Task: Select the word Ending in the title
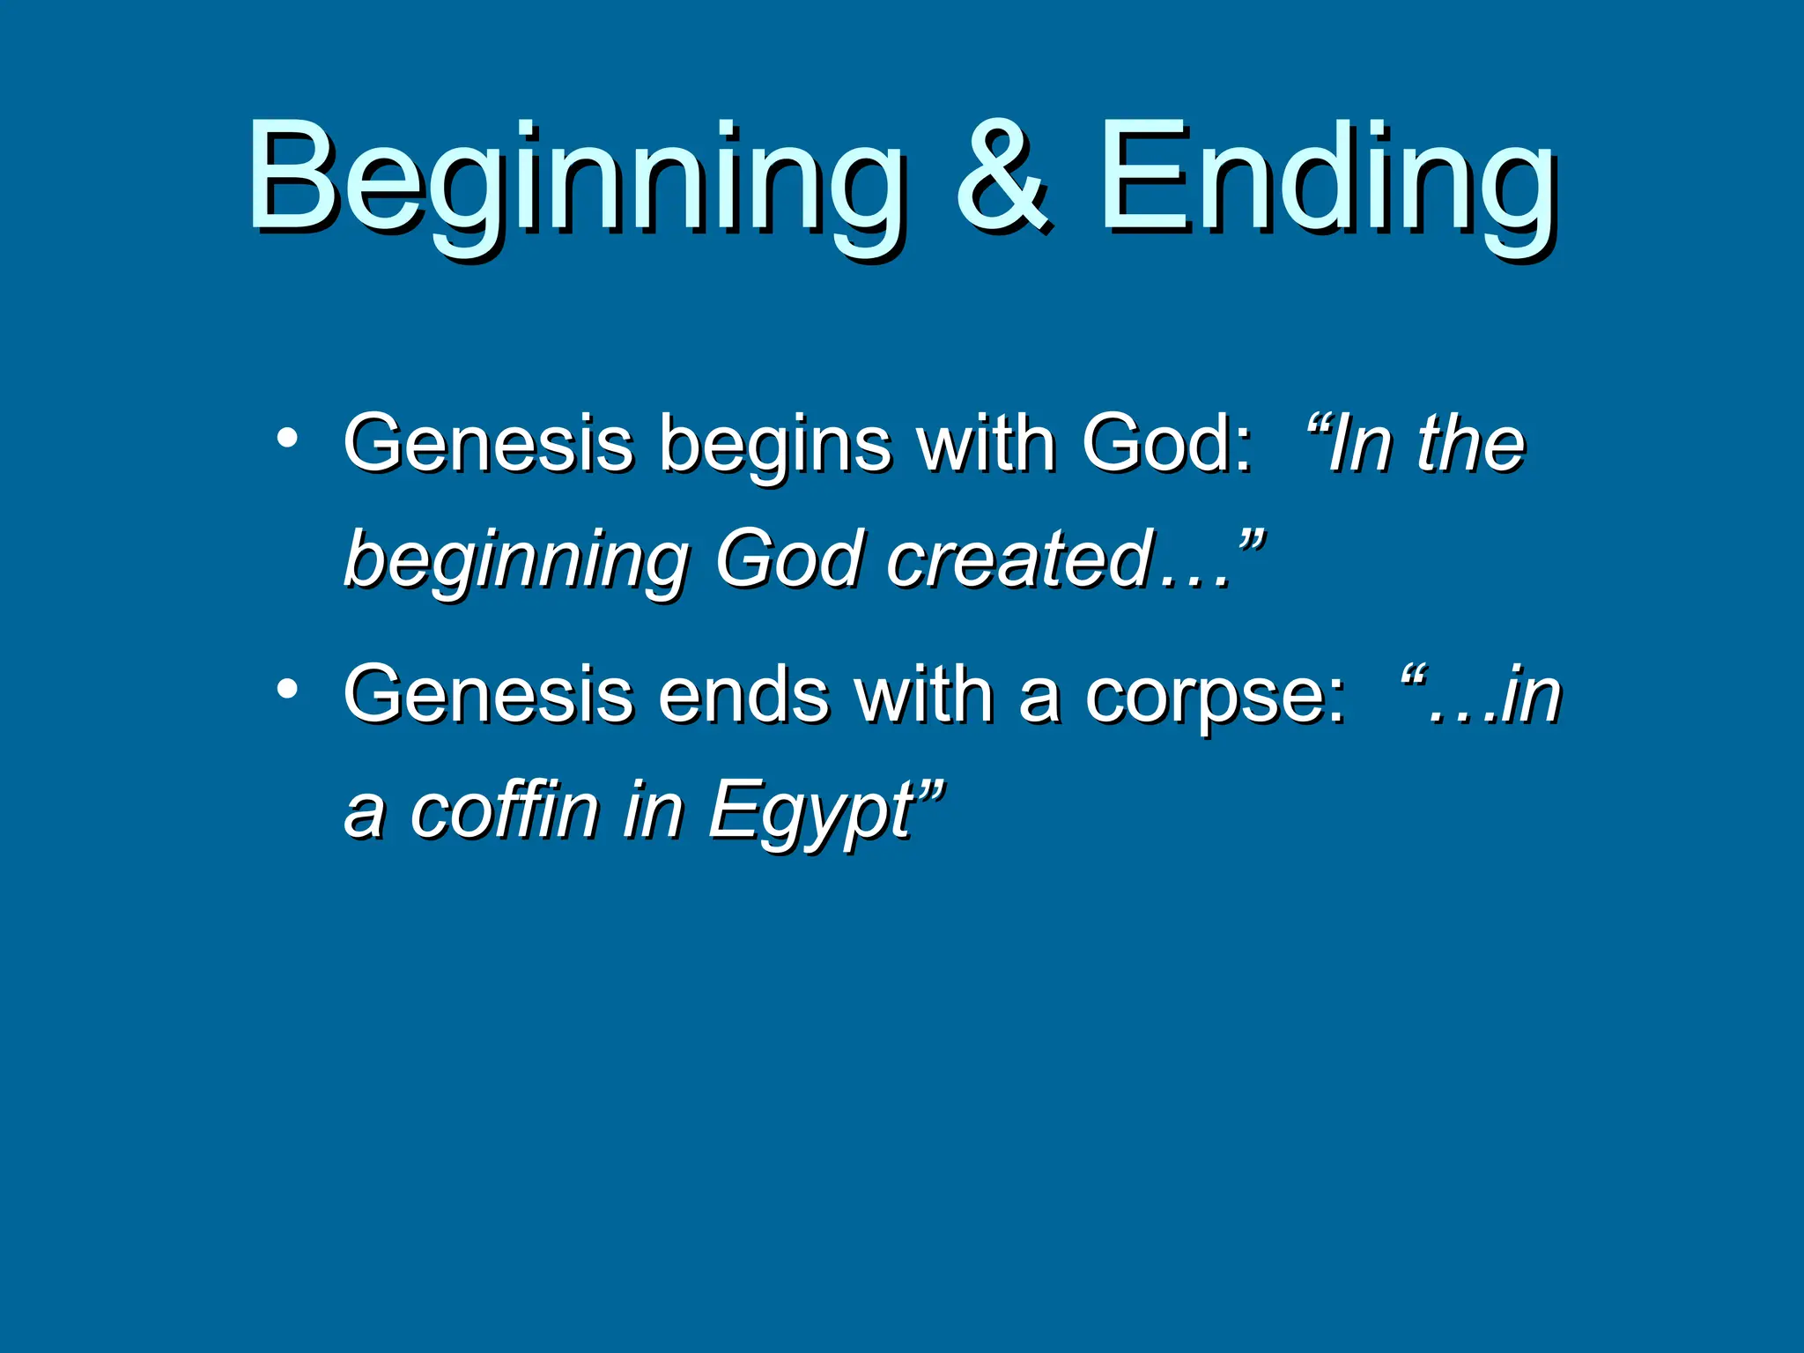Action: tap(1326, 181)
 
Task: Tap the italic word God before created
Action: tap(787, 559)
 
